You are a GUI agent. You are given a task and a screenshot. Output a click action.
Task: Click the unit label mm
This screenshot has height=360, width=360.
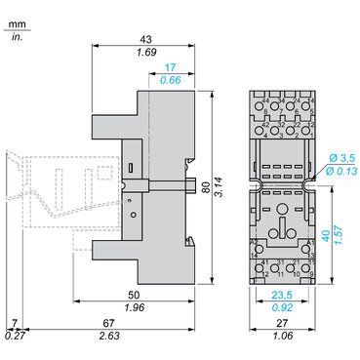(15, 17)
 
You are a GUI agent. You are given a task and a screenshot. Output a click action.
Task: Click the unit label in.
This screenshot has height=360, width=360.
(15, 35)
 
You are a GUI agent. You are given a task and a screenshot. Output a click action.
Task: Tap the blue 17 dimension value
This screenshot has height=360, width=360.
(172, 66)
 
